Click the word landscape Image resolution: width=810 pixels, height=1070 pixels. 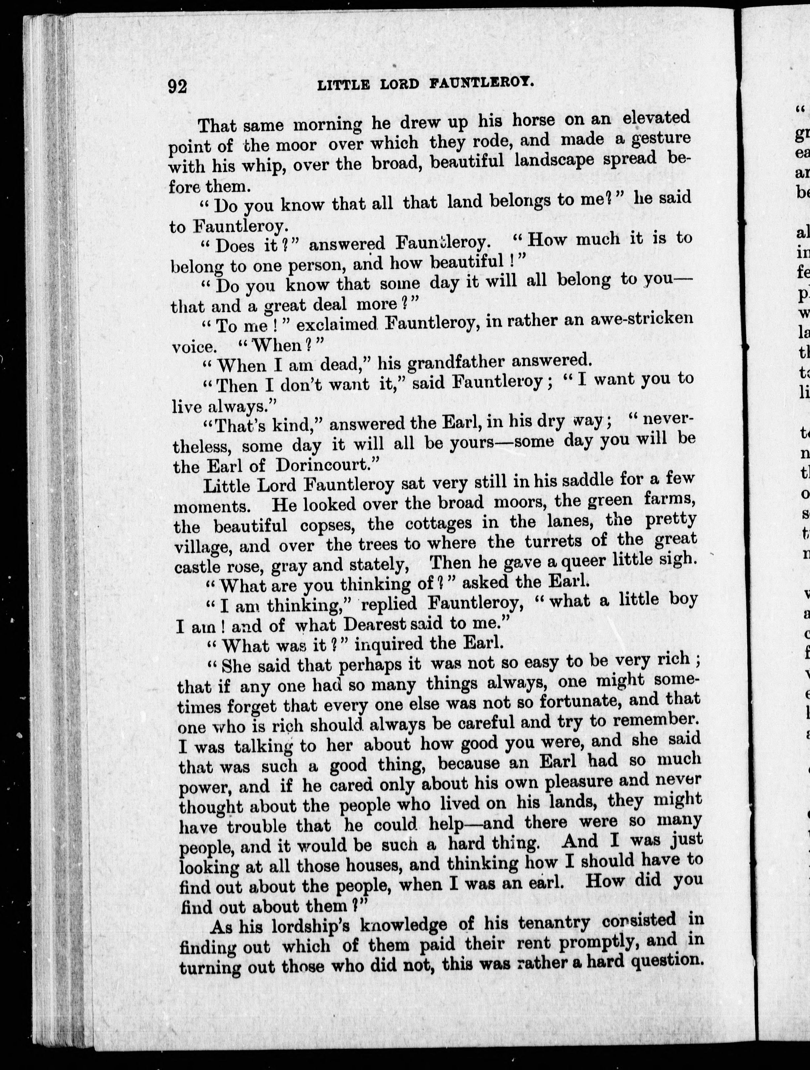point(554,160)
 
